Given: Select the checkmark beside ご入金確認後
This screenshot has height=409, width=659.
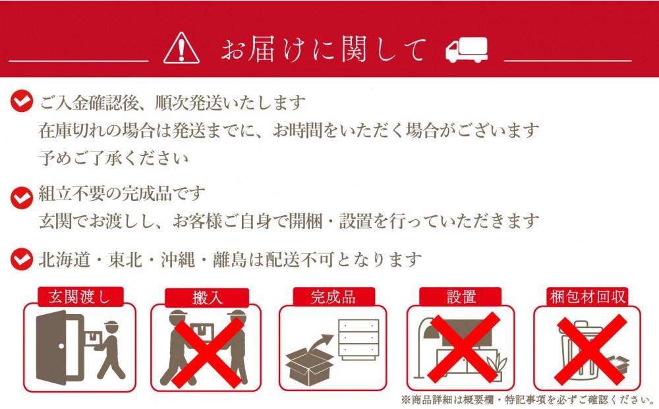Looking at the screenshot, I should [x=21, y=101].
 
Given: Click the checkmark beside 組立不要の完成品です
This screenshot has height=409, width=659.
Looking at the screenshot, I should [x=21, y=194].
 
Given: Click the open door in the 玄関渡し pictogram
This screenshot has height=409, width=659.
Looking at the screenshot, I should [x=57, y=346].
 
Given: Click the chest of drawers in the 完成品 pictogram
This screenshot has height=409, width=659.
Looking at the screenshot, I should [x=359, y=339].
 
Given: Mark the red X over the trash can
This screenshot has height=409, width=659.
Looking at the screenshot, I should [x=588, y=349].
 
